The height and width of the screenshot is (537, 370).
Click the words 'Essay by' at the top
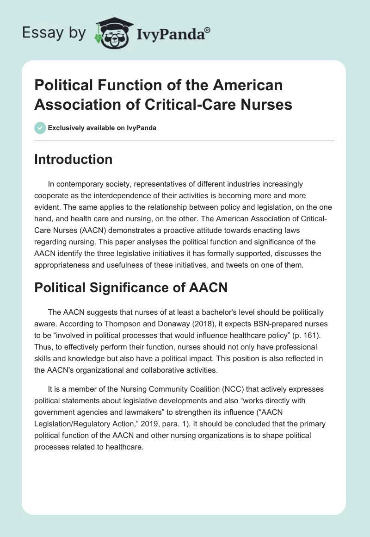click(x=55, y=33)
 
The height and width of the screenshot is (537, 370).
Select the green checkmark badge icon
click(x=40, y=128)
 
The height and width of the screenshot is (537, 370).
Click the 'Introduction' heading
click(x=74, y=159)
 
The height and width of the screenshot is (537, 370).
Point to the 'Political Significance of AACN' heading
click(x=131, y=287)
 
